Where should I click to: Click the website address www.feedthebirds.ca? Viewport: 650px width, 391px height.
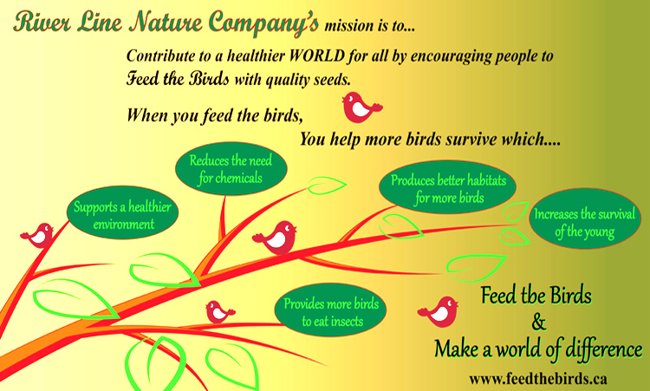tap(538, 378)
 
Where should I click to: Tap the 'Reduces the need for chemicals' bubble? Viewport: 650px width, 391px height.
tap(231, 169)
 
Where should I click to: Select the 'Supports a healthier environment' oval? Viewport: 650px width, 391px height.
tap(122, 212)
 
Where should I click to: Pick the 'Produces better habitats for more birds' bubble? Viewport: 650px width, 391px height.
tap(448, 187)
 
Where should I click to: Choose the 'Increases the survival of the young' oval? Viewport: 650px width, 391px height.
tap(585, 218)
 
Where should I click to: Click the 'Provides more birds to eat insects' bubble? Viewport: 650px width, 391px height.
tap(330, 310)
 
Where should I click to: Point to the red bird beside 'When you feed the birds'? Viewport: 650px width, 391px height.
tap(361, 108)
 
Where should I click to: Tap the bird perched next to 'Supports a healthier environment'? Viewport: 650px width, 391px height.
tap(38, 236)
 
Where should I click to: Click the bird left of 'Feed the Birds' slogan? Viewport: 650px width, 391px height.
tap(439, 311)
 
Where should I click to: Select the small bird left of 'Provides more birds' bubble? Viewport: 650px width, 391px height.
tap(220, 312)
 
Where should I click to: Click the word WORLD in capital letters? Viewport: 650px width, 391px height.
tap(317, 56)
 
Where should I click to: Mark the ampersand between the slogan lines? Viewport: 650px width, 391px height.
tap(538, 323)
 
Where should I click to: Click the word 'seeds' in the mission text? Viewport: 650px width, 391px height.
tap(332, 80)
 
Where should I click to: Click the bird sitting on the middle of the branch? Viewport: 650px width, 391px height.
tap(276, 238)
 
